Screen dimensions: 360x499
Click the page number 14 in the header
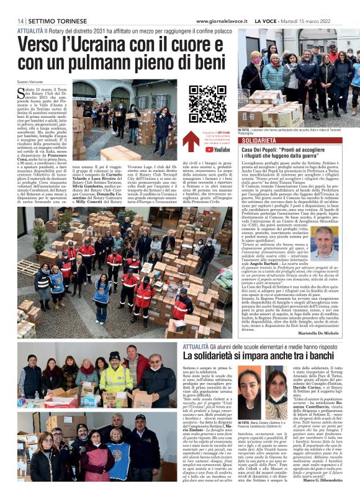coord(21,21)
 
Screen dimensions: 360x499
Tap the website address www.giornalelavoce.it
coord(222,21)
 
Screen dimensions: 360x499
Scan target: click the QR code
coord(207,104)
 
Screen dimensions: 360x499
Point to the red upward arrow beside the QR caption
coord(191,140)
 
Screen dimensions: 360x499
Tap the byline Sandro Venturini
coord(32,82)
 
